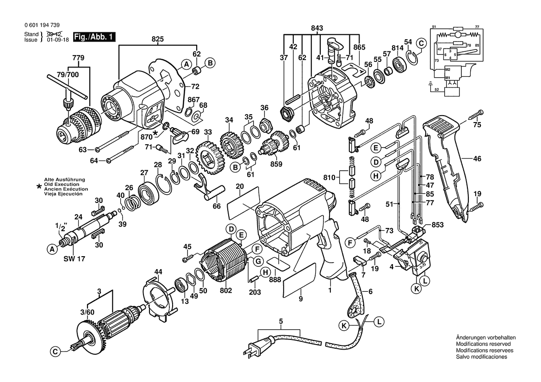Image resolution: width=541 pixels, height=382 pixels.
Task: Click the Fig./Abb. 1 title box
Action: coord(94,37)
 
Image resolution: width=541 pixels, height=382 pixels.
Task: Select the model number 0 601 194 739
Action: coord(42,25)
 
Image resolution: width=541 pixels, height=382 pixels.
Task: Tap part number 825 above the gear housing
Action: coord(158,39)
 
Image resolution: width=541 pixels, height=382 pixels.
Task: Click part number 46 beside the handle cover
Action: coord(477,159)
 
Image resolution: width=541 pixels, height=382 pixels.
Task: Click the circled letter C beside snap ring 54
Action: coord(421,43)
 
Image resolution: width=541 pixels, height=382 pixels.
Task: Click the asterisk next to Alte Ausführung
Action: coord(38,187)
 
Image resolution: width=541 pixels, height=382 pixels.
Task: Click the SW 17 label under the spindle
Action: coord(74,259)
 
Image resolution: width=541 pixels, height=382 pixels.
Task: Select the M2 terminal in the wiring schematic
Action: coord(448,69)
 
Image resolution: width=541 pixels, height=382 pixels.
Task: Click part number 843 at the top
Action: coord(317,28)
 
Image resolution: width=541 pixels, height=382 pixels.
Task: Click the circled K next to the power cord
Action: coord(344,326)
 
